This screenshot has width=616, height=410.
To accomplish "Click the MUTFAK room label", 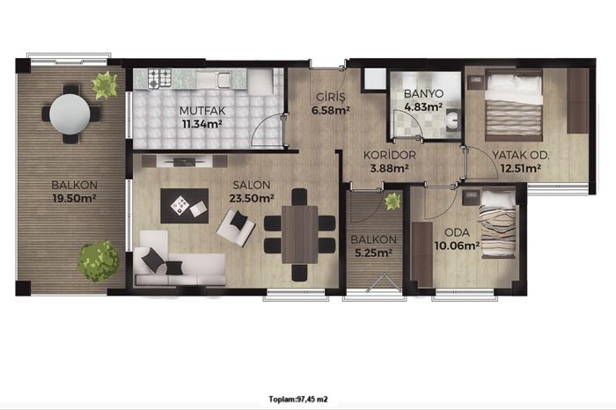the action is [202, 111].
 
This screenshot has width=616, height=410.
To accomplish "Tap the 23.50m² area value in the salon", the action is [252, 198].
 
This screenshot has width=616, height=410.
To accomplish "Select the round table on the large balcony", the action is [70, 113].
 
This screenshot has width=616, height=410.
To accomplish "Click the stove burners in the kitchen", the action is [159, 78].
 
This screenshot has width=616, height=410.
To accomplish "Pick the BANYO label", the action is [423, 94].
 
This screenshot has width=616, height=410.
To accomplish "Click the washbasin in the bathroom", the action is [453, 118].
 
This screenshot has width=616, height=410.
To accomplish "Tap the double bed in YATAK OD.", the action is [514, 106].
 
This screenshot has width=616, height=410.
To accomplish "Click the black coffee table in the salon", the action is [184, 206].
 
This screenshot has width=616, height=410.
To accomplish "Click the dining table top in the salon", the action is [300, 234].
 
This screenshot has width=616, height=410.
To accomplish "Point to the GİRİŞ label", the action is [331, 97].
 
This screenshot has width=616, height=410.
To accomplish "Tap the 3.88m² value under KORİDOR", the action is [389, 168].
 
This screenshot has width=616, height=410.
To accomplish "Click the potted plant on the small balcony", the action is [392, 201].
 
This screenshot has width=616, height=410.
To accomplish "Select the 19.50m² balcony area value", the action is [74, 198].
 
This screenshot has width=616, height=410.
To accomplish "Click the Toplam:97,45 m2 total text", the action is [298, 399].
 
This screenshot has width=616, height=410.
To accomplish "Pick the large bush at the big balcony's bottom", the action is [99, 261].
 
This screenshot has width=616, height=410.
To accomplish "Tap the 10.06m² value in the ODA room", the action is [457, 245].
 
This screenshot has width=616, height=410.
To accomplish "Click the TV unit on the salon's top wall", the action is [185, 161].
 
